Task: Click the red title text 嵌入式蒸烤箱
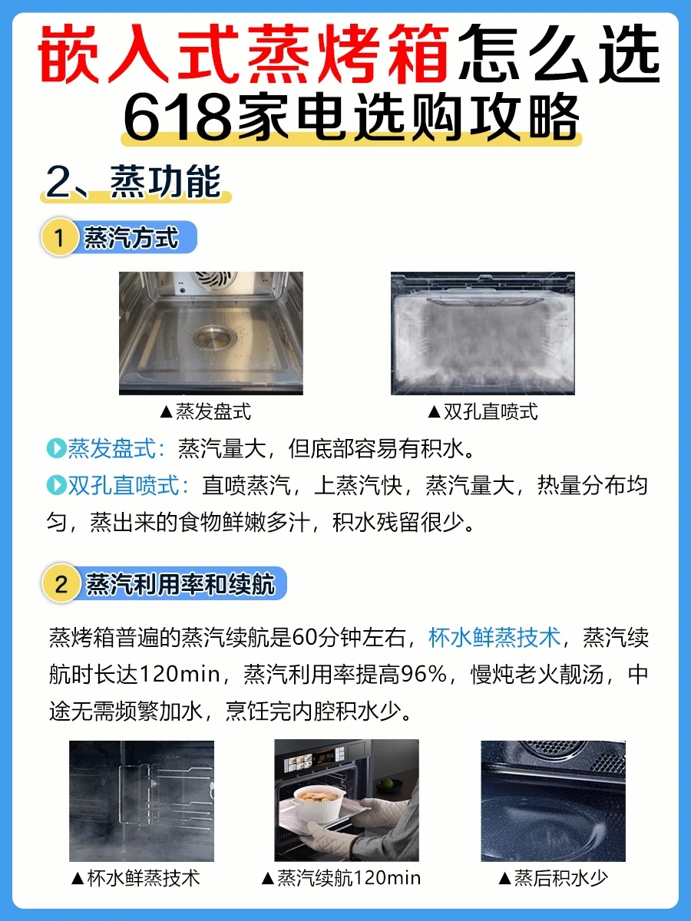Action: point(243,53)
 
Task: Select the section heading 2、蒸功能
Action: point(134,182)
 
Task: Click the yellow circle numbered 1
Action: point(59,237)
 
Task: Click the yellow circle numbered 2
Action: point(61,583)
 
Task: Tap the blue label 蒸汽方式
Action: point(131,237)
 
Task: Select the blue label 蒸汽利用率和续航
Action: point(181,583)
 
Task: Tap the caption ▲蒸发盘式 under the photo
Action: point(206,411)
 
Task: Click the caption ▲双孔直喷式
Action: point(482,411)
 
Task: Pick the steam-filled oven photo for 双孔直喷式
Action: point(482,333)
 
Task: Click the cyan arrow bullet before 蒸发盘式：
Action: point(56,448)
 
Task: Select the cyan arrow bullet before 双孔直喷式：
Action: point(56,485)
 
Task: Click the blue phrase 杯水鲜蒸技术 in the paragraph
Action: point(494,637)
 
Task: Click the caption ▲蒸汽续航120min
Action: point(341,878)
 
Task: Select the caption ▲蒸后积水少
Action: point(553,878)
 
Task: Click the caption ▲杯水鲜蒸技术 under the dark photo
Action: point(136,878)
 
